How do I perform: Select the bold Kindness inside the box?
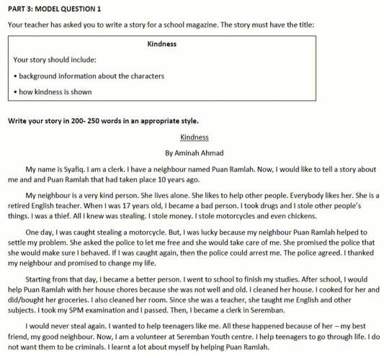coord(162,43)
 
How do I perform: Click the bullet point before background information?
coord(15,76)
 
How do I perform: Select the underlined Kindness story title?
coord(194,137)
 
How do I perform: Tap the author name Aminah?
coord(189,153)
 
